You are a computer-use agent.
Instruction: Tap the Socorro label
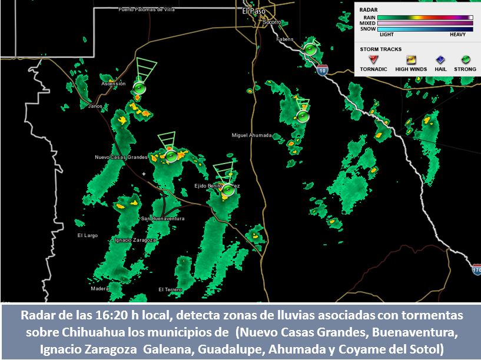(272, 22)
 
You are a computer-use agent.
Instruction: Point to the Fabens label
(284, 39)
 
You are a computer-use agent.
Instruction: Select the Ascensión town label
(114, 84)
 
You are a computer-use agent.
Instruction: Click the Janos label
(95, 106)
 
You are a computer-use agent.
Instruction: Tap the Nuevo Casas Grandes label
(121, 157)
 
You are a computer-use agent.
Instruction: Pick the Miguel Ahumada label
(251, 135)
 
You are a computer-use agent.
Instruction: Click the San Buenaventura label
(162, 218)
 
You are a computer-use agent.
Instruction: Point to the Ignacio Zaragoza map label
(135, 240)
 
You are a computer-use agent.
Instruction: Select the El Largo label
(88, 235)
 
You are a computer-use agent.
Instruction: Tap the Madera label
(100, 289)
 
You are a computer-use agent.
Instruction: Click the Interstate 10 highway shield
(321, 71)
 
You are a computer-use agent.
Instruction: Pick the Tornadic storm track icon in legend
(373, 59)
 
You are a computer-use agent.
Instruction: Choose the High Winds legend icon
(410, 59)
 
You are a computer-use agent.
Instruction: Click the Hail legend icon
(440, 59)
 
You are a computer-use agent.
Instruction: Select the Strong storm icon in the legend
(465, 59)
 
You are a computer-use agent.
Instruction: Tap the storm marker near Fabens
(310, 49)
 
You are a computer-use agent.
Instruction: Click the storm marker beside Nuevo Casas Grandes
(171, 156)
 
